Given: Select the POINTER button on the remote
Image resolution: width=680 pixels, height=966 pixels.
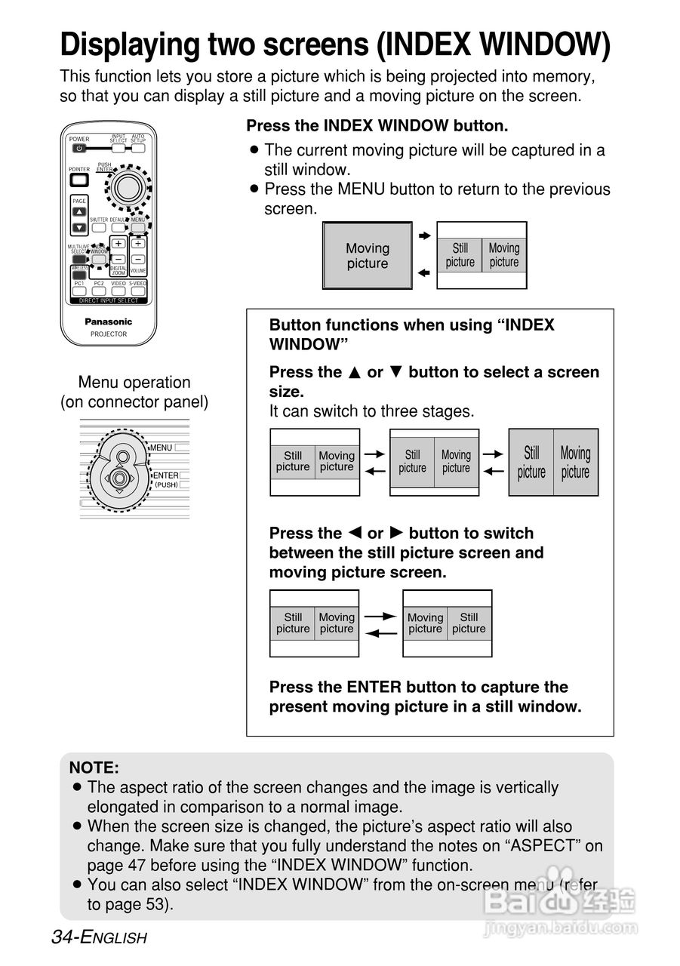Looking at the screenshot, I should coord(79,180).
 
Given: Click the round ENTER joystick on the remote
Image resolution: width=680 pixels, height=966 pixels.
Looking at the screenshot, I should coord(129,184).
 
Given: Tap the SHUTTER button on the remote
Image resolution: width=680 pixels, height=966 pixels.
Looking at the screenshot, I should coord(99,227).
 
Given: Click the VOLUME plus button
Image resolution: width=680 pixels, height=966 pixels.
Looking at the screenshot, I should coord(137,244).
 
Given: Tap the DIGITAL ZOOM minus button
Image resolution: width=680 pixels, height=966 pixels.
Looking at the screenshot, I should coord(118,259).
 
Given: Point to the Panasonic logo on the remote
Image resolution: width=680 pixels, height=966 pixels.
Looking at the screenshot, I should coord(109,321).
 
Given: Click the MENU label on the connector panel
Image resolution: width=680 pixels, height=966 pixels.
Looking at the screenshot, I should coord(161,448).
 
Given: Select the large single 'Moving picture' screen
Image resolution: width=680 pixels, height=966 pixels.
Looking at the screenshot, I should coord(368,256).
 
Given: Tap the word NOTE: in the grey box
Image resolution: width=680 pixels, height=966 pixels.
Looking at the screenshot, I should coord(94,768).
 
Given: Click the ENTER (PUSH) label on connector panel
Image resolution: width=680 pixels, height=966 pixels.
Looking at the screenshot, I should coord(165,478).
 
